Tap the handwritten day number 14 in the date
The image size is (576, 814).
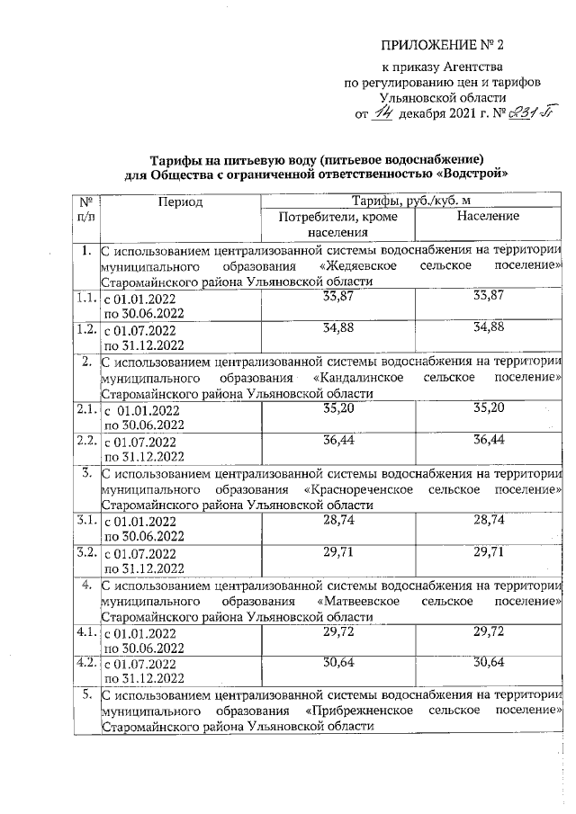point(384,112)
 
